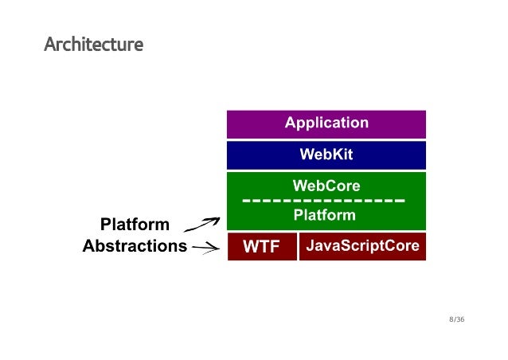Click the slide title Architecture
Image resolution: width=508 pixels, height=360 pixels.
pos(93,44)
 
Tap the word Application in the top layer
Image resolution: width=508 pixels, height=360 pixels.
pos(326,123)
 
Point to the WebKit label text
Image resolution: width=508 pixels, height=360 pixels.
pos(326,155)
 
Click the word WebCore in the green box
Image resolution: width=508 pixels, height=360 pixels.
pos(326,186)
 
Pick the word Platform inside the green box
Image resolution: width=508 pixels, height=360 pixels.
pos(325,216)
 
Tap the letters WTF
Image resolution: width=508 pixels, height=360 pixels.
pos(261,248)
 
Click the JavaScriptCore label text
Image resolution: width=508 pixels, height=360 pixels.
pos(362,246)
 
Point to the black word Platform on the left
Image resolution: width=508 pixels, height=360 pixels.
pos(135,224)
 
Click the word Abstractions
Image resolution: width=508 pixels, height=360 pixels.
pos(135,246)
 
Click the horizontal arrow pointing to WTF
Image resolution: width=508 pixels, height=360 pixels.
pos(205,248)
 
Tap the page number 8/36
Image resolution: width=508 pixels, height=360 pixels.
pos(456,320)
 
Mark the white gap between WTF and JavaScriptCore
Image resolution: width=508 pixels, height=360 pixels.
pos(298,247)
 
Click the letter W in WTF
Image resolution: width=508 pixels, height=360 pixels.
pos(250,248)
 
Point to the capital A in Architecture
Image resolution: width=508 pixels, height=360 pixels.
pos(49,44)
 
